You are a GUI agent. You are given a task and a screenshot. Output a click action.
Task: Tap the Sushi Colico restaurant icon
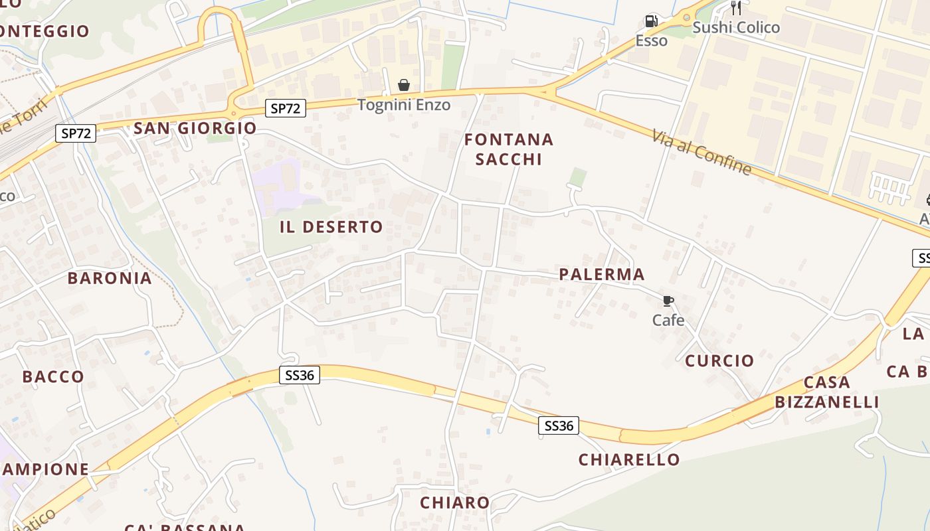click(x=735, y=8)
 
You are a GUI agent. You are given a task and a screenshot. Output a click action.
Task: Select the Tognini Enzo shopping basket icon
click(x=403, y=85)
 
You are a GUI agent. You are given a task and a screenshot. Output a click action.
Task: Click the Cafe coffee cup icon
click(x=668, y=301)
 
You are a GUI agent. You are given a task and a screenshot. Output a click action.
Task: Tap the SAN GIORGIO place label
click(x=195, y=128)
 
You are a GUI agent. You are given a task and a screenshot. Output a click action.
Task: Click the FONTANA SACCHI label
click(x=509, y=149)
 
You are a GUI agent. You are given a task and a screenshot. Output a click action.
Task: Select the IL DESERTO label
click(x=331, y=227)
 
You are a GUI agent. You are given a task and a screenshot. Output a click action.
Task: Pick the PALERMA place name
click(x=602, y=274)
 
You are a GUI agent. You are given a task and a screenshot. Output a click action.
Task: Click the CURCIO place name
click(x=719, y=360)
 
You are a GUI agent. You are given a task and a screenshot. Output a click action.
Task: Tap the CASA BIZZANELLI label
click(x=827, y=392)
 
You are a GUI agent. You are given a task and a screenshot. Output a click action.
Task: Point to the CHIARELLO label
click(x=629, y=459)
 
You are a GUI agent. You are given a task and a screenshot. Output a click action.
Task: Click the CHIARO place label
click(x=455, y=502)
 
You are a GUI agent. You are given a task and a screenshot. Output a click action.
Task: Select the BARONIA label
click(x=110, y=278)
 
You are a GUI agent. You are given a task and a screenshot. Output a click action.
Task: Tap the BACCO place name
click(x=53, y=376)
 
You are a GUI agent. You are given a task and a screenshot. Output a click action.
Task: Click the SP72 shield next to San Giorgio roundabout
click(x=286, y=108)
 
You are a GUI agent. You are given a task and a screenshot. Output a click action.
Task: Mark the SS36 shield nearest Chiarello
click(x=558, y=425)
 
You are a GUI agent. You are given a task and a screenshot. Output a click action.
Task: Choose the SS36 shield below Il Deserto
click(x=299, y=375)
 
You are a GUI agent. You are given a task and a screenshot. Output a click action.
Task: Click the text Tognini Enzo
click(x=404, y=105)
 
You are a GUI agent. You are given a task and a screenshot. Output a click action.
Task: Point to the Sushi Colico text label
click(x=736, y=28)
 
